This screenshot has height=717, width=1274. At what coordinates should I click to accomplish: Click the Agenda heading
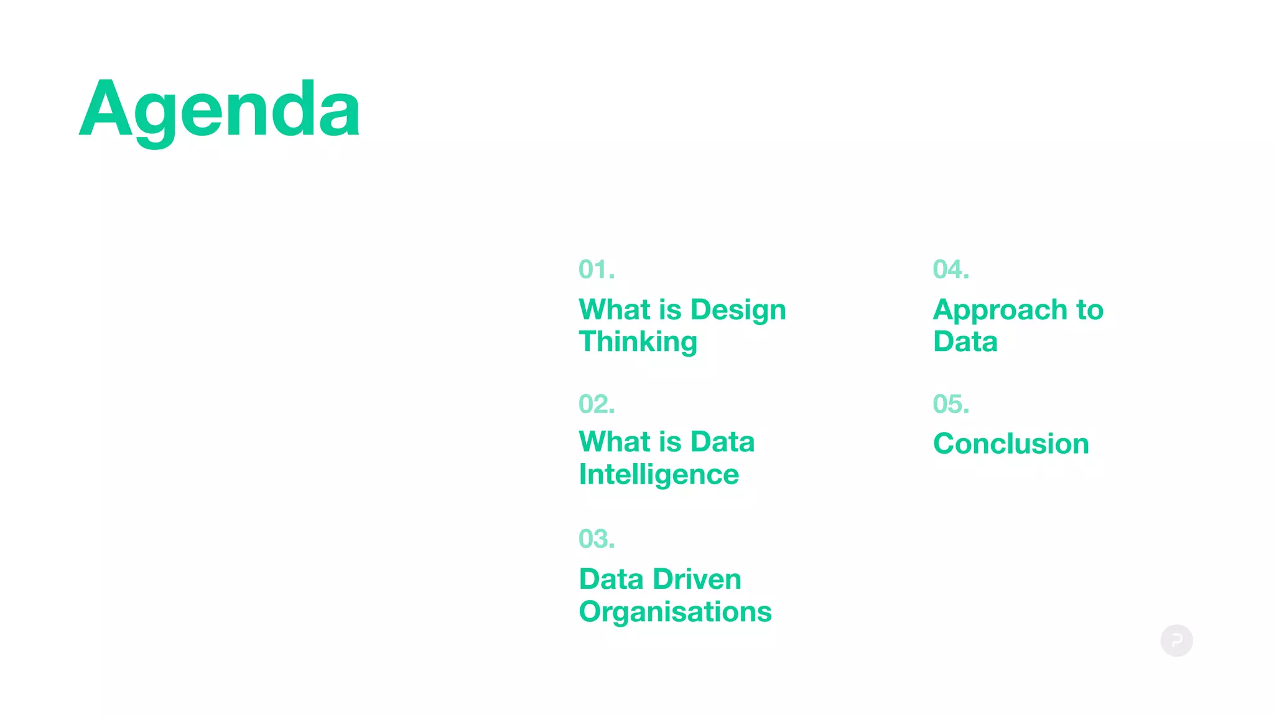pyautogui.click(x=219, y=111)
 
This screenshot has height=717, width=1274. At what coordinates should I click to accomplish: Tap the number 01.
pyautogui.click(x=596, y=269)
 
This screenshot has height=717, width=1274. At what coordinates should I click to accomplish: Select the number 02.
pyautogui.click(x=596, y=404)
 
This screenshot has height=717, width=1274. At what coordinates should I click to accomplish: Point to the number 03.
pyautogui.click(x=596, y=539)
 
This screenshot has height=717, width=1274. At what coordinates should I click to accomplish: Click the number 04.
pyautogui.click(x=951, y=269)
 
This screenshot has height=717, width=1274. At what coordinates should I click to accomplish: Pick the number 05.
pyautogui.click(x=951, y=404)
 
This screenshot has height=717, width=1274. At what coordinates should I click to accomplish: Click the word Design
pyautogui.click(x=738, y=311)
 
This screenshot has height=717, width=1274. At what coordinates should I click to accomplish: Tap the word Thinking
pyautogui.click(x=638, y=342)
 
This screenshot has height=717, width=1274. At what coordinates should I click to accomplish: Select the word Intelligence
pyautogui.click(x=659, y=475)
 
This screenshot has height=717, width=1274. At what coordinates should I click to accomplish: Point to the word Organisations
pyautogui.click(x=675, y=612)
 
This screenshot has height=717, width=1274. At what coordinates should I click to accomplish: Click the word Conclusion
pyautogui.click(x=1011, y=444)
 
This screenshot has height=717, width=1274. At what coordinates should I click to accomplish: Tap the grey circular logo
pyautogui.click(x=1176, y=640)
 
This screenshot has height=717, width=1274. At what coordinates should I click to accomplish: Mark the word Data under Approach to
pyautogui.click(x=965, y=342)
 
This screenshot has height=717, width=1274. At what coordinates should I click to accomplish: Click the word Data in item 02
pyautogui.click(x=722, y=442)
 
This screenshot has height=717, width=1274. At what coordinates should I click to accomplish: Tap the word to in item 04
pyautogui.click(x=1090, y=310)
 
